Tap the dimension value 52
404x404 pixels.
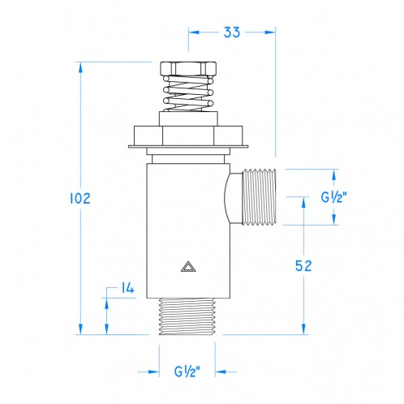(x=303, y=265)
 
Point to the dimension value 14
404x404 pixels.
(x=127, y=288)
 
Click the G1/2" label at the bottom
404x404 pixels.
(x=192, y=372)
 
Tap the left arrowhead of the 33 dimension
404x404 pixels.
(x=195, y=32)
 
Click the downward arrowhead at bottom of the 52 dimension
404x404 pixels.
(x=304, y=328)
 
